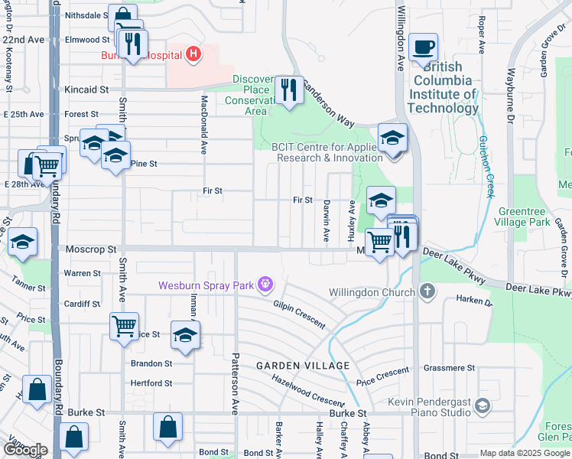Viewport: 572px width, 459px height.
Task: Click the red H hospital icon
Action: [x=194, y=54]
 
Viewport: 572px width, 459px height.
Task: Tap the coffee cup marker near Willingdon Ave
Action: [x=423, y=47]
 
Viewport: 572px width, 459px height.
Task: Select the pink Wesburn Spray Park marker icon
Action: [x=265, y=285]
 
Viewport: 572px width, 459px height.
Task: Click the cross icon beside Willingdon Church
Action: [x=427, y=291]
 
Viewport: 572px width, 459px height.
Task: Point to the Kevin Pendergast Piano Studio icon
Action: [x=481, y=405]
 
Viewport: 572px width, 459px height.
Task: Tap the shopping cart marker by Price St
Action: [x=124, y=326]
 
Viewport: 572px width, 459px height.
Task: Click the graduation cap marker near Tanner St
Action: [x=23, y=242]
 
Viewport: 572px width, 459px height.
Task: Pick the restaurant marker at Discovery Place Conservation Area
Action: [x=288, y=90]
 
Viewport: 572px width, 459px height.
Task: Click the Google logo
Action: [x=25, y=450]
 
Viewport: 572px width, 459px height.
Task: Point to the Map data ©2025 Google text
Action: [x=524, y=453]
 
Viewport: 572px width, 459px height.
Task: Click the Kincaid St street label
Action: [x=86, y=90]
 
